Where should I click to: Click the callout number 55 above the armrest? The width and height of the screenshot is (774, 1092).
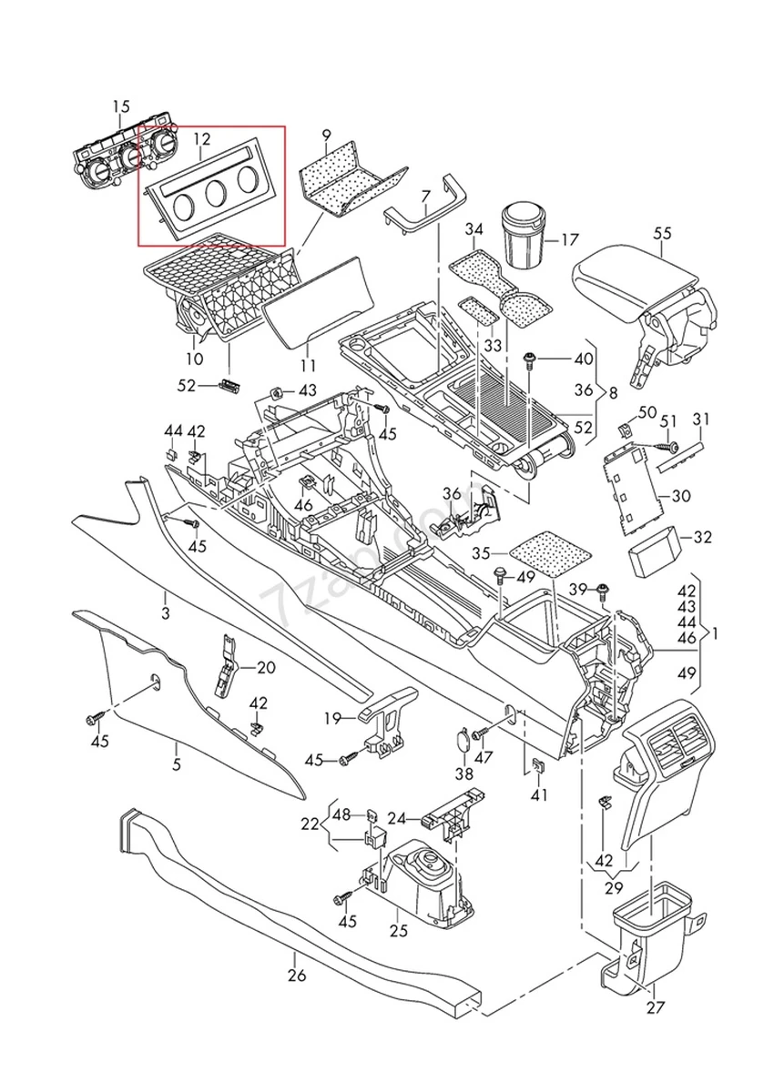pos(662,234)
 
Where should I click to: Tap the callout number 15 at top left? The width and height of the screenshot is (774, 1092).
pos(121,107)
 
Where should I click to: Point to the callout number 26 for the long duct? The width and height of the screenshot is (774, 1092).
pos(296,976)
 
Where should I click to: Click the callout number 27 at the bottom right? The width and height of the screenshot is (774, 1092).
pos(656,1007)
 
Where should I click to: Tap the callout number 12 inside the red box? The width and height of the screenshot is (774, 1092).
pos(201,139)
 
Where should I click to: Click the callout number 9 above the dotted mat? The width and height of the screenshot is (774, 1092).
pos(327,137)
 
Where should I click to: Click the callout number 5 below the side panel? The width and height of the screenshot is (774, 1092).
pos(176,764)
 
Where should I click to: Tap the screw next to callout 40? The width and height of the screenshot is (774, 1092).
pos(529,361)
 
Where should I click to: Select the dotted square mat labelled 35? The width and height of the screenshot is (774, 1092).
pos(549,552)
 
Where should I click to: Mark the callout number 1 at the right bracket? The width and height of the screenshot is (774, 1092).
pos(715,632)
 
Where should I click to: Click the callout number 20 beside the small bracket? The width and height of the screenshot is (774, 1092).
pos(266,667)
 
